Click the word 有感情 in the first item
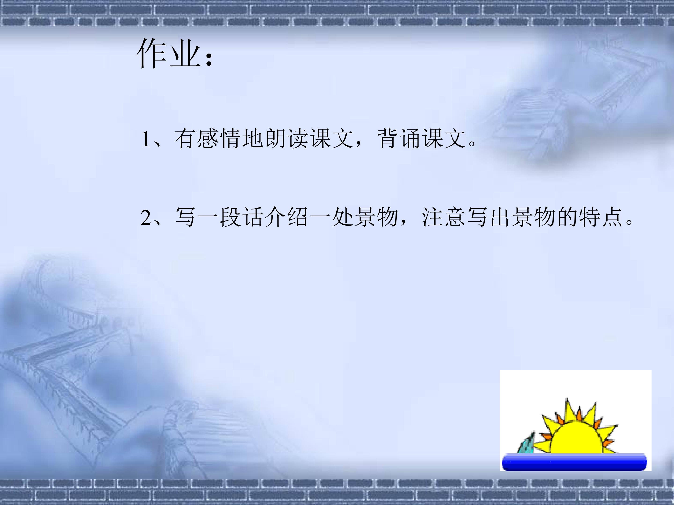(208, 139)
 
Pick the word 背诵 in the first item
(399, 139)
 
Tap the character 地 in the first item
(253, 139)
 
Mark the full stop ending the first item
(472, 143)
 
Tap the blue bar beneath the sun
(574, 462)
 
